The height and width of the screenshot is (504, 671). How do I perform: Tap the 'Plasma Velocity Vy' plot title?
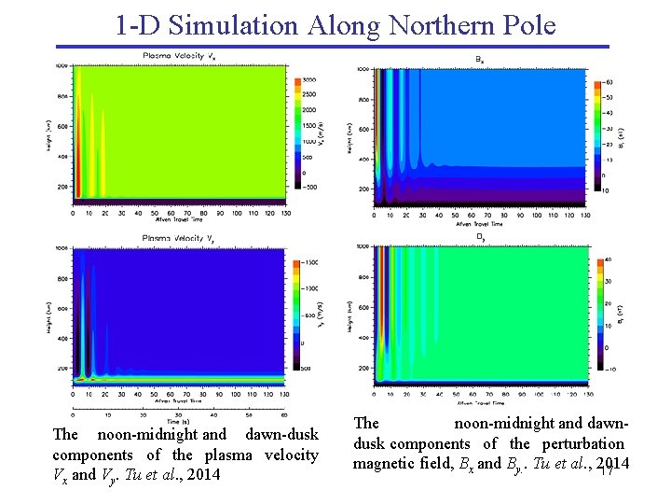[x=181, y=238]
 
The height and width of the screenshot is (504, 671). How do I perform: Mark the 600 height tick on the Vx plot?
[x=62, y=126]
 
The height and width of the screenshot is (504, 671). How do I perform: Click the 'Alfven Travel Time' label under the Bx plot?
[x=479, y=225]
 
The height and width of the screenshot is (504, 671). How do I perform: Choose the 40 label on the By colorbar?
[x=607, y=259]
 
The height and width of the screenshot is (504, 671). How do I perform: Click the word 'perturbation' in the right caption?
[x=580, y=443]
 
